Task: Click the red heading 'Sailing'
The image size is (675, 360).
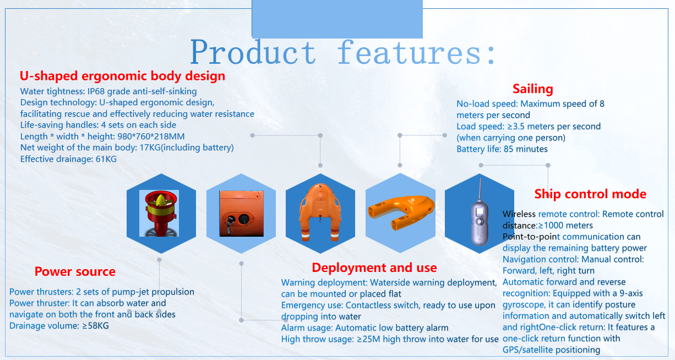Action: (x=532, y=89)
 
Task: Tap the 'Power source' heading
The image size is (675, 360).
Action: (x=75, y=271)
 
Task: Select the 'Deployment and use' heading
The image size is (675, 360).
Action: (x=374, y=268)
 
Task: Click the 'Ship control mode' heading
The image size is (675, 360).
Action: (x=590, y=194)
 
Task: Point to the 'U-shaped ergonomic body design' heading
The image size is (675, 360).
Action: (x=122, y=76)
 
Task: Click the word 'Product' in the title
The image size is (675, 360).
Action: (x=253, y=53)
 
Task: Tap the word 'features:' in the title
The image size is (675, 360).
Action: (x=417, y=53)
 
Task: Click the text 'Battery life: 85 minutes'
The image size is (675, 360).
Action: (x=502, y=149)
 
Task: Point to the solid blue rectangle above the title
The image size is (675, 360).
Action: (x=337, y=19)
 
